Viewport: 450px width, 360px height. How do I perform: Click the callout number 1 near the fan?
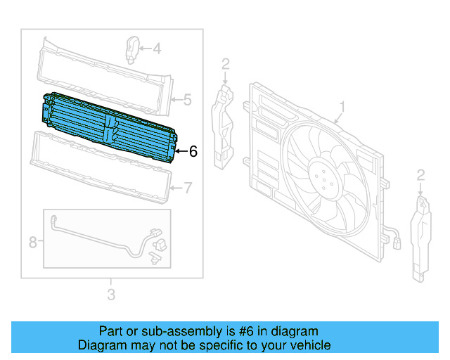(x=342, y=106)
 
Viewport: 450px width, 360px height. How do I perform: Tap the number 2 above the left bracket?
(x=226, y=65)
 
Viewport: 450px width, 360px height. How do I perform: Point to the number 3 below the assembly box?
(x=111, y=294)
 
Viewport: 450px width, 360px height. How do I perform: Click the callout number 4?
(x=157, y=49)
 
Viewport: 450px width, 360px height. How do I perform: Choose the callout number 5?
(x=187, y=101)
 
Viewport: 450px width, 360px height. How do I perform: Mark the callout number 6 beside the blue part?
(x=193, y=150)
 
